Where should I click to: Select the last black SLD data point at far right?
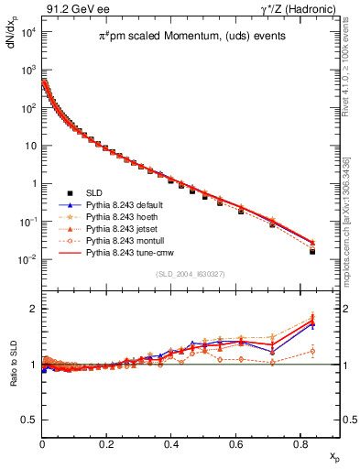click(x=312, y=251)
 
